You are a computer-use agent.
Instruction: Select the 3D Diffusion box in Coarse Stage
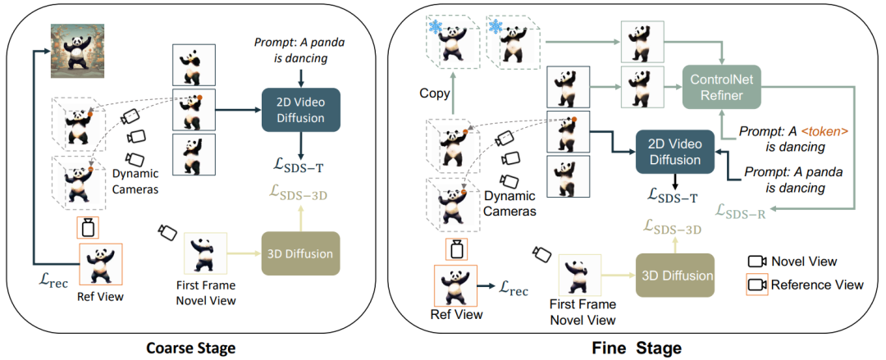[300, 253]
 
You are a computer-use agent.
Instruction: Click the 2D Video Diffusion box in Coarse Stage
[301, 111]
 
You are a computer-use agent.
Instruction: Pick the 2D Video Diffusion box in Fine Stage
[675, 151]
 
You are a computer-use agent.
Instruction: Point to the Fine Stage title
[637, 348]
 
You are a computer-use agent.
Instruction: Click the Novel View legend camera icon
[756, 262]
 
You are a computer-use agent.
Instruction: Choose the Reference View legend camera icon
[756, 285]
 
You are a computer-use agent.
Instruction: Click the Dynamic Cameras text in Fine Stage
[509, 204]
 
